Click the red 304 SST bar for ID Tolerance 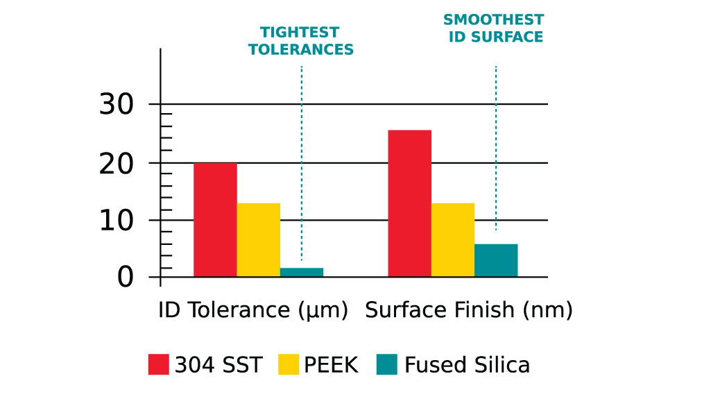(215, 220)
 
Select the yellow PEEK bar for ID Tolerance (259, 240)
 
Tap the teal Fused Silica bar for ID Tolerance (302, 272)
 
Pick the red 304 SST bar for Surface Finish (409, 203)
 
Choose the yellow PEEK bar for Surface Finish (453, 240)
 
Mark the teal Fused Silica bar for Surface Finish (496, 260)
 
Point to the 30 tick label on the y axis (116, 105)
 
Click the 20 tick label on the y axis (116, 163)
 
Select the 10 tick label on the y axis (116, 221)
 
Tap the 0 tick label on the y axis (125, 278)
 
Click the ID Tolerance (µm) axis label (253, 310)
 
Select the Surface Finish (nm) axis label (469, 310)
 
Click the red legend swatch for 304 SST (158, 364)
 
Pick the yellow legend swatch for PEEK (289, 364)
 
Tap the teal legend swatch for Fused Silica (387, 364)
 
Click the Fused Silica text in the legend (467, 365)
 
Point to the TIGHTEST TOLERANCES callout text (301, 41)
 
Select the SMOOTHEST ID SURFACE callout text (494, 28)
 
